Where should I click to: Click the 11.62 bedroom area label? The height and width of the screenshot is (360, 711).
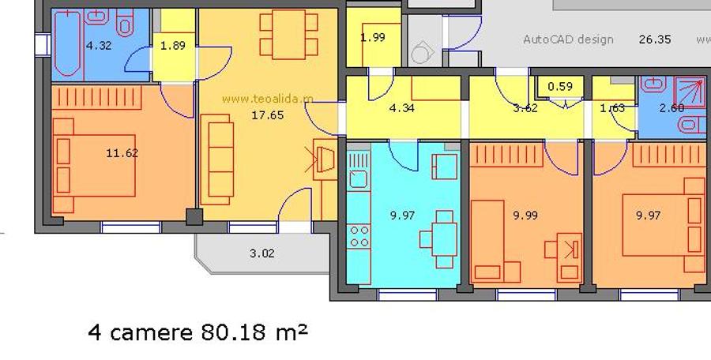coord(122,153)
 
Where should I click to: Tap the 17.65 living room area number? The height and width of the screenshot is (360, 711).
coord(268,115)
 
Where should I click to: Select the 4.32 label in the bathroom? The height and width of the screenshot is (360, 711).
coord(98,46)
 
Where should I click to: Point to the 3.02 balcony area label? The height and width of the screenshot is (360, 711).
coord(261,253)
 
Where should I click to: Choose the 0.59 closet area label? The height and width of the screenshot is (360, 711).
coord(560,87)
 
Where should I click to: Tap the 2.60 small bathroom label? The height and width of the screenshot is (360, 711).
coord(671,108)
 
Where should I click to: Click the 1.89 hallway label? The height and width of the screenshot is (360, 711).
coord(173,46)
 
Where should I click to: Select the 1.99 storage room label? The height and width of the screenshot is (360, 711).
coord(373,38)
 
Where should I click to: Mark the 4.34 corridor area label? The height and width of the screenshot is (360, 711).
coord(402,108)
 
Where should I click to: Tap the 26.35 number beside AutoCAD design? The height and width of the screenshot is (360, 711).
coord(654,39)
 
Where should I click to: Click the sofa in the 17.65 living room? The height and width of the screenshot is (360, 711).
coord(216,159)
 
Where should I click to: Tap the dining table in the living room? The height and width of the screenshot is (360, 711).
coord(288,34)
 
